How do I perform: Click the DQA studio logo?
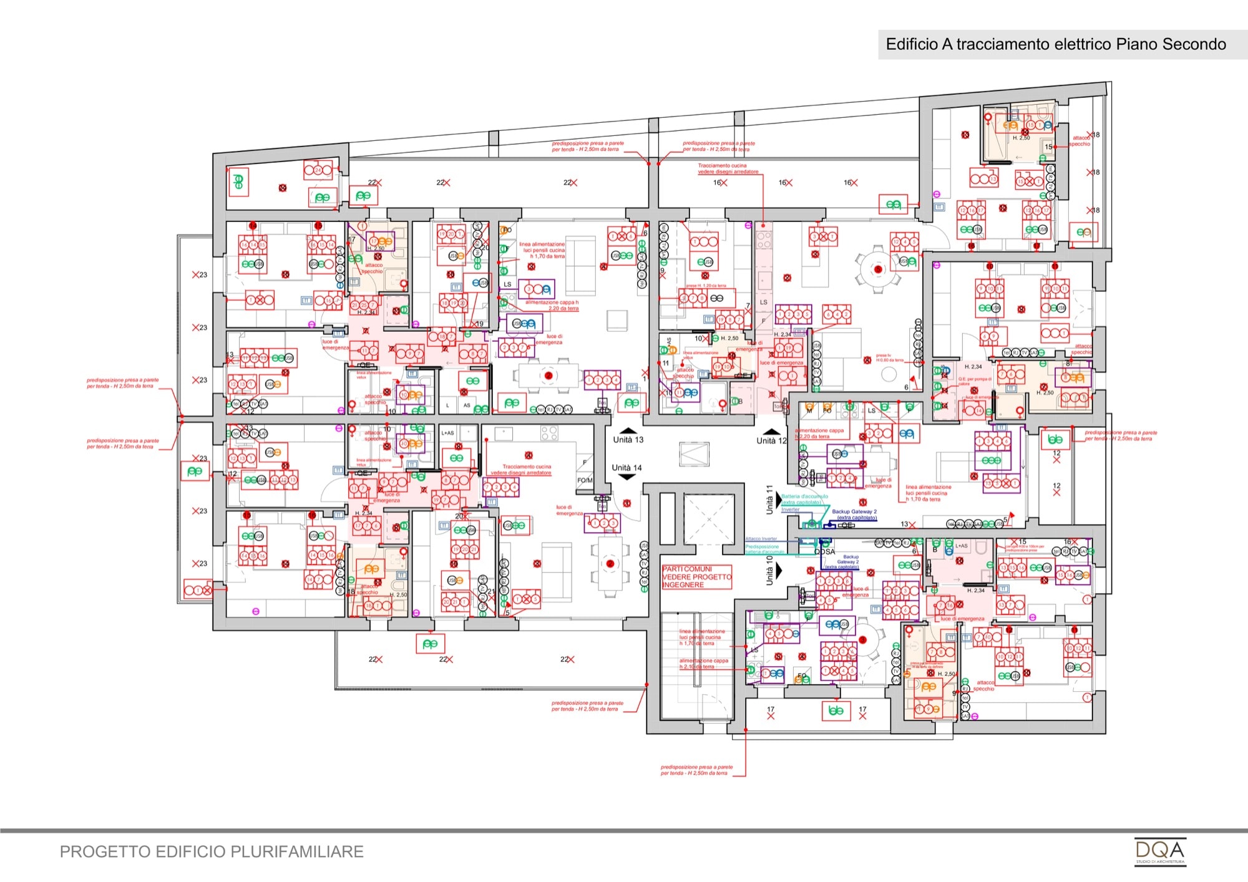[1159, 851]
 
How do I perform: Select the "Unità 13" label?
[628, 440]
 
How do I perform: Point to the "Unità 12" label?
[771, 441]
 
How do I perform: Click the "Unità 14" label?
[626, 468]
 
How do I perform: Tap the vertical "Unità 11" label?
[770, 500]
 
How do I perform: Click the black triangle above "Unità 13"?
[628, 430]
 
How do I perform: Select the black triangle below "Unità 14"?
[626, 477]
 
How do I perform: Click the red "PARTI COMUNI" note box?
[696, 577]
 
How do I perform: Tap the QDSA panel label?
[824, 552]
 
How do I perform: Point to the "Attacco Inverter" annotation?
[761, 539]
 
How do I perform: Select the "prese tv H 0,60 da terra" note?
[889, 358]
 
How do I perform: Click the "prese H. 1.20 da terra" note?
[706, 286]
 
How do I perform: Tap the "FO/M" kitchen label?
[585, 480]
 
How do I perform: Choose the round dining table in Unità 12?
[878, 269]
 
